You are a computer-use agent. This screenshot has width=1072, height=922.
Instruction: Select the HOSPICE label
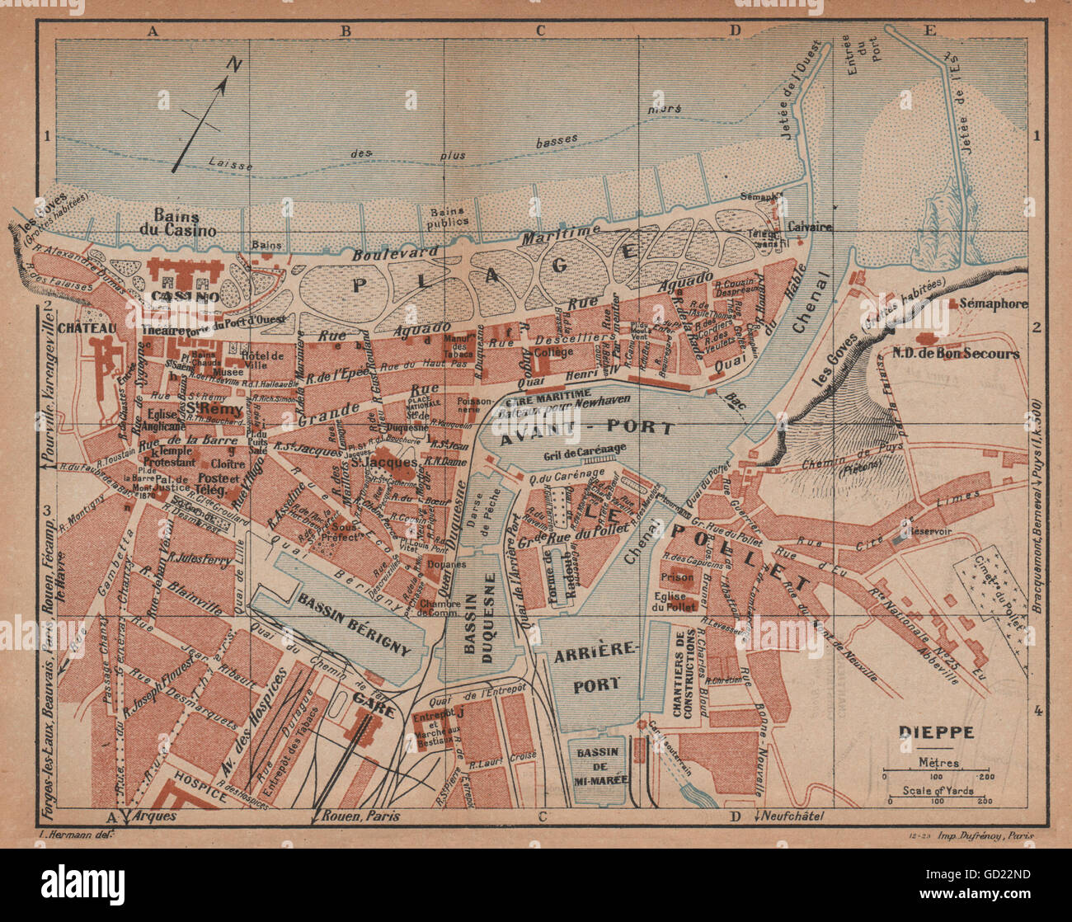(195, 793)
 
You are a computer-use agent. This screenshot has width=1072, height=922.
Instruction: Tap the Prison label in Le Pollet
(679, 576)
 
